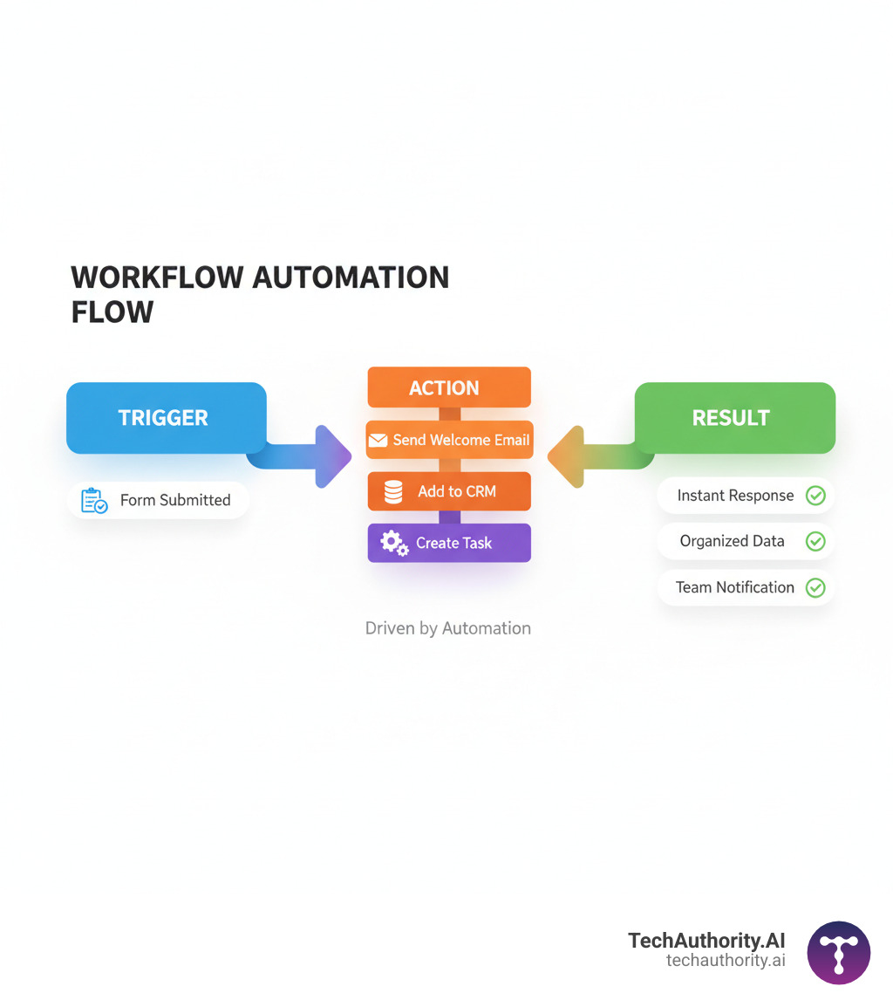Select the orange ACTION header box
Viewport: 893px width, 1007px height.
tap(448, 387)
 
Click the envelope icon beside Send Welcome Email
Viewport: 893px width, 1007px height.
tap(378, 441)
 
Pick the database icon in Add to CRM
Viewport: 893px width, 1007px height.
tap(393, 492)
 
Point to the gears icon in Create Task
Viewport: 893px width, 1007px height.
tap(394, 544)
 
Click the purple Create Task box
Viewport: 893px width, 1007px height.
tap(449, 543)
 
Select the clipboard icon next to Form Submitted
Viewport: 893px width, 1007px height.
tap(93, 501)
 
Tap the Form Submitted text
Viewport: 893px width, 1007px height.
tap(175, 500)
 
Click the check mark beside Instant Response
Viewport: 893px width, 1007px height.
tap(815, 496)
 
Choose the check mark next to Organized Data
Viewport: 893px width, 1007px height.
tap(815, 541)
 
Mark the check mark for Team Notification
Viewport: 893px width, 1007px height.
tap(815, 587)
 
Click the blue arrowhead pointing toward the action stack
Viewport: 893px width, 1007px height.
tap(332, 456)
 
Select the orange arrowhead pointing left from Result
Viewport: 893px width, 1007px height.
tap(566, 456)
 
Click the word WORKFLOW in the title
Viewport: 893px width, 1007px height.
tap(157, 277)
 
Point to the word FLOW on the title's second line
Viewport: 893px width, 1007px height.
tap(112, 312)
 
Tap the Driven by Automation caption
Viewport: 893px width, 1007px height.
tap(447, 628)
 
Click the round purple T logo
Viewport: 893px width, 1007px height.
tap(838, 953)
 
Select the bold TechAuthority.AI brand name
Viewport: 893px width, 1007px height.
tap(706, 941)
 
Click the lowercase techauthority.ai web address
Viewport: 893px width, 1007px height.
tap(725, 961)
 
